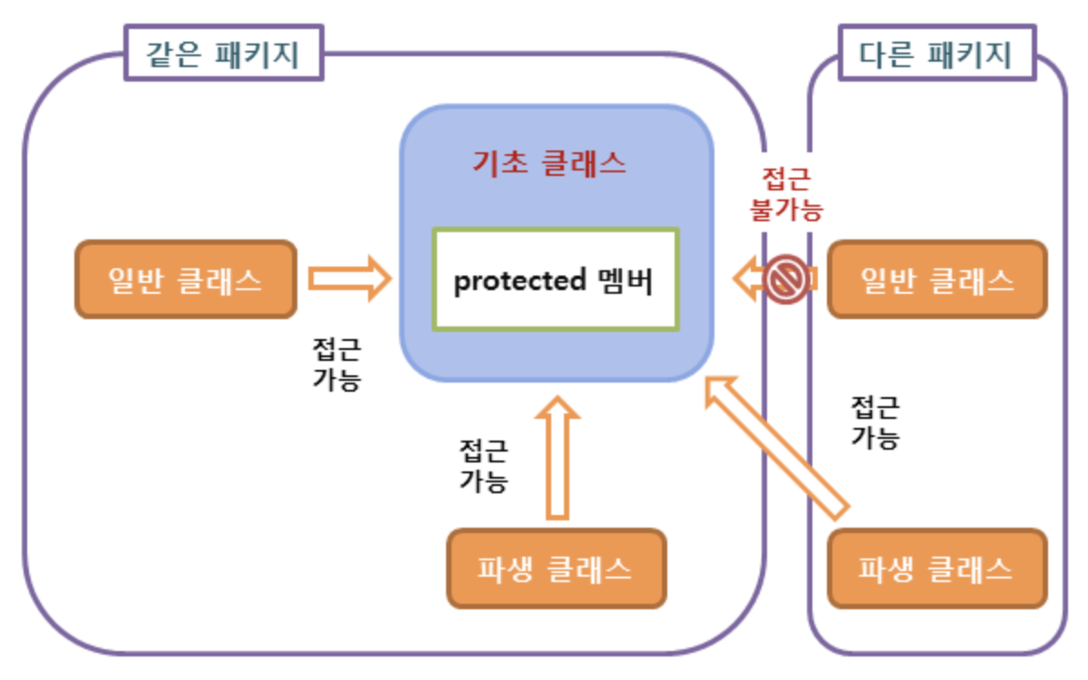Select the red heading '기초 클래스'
point(549,163)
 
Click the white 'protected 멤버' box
point(555,280)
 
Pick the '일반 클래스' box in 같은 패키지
point(186,280)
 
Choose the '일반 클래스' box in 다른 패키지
point(937,280)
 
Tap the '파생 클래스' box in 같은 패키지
point(556,568)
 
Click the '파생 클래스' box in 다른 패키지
point(937,568)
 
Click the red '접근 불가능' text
point(785,193)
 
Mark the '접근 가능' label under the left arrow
point(336,364)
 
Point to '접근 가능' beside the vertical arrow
point(483,465)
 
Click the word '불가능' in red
point(785,209)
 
